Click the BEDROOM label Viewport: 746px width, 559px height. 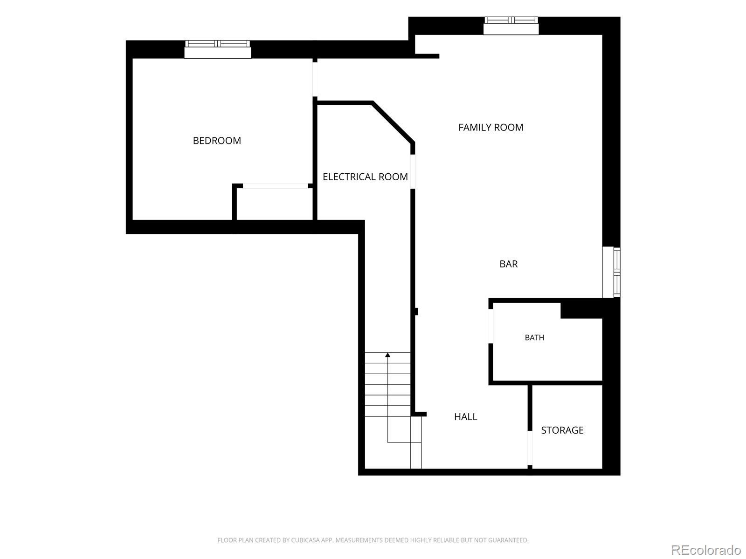[x=217, y=141]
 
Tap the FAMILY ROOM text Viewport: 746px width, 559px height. [x=490, y=127]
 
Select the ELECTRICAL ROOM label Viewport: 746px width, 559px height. [x=365, y=177]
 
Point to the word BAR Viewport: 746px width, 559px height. [x=508, y=264]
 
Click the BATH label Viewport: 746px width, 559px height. [x=534, y=338]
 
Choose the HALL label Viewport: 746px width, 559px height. [x=466, y=417]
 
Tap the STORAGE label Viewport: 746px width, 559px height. [x=562, y=430]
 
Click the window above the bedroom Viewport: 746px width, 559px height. [x=218, y=49]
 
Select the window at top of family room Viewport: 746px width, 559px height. [x=511, y=26]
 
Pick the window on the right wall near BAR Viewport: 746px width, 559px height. [x=611, y=272]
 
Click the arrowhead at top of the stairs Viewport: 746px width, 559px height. [x=387, y=355]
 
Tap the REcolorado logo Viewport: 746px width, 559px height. [x=706, y=550]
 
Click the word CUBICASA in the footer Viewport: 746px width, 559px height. [x=305, y=540]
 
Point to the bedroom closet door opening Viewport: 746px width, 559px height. [x=275, y=186]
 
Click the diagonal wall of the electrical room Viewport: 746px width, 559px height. [x=393, y=123]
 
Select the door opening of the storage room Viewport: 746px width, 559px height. [x=530, y=448]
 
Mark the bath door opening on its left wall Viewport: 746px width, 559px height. [x=490, y=327]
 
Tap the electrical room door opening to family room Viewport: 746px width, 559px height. [x=413, y=172]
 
